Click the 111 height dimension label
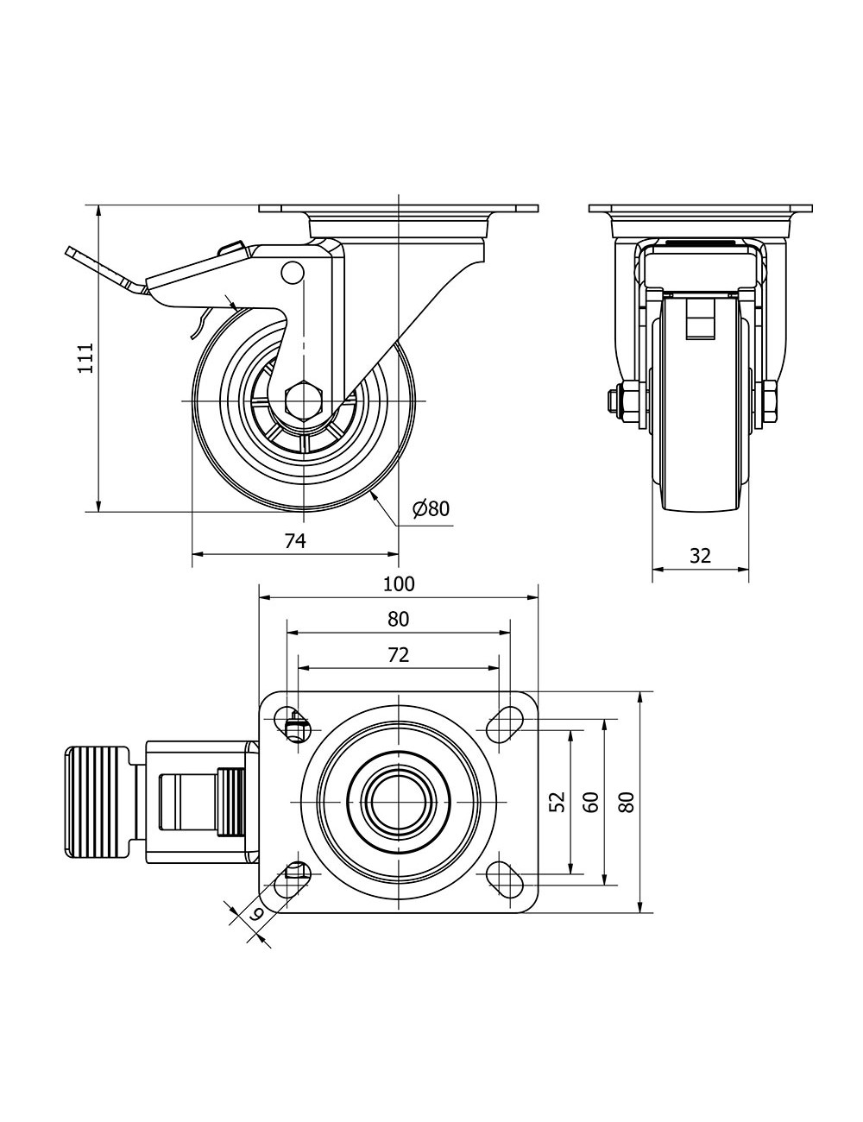pos(85,357)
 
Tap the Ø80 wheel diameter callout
pos(431,508)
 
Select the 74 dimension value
pos(295,540)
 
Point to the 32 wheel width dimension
pos(700,556)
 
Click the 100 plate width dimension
pos(399,583)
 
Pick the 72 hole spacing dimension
pos(398,655)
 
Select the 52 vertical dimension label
pos(557,801)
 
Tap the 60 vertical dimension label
pos(591,801)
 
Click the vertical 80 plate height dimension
pos(627,801)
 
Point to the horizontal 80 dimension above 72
pos(398,619)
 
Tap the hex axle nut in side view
pos(304,400)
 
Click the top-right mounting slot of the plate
pos(507,723)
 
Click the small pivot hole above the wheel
pos(293,272)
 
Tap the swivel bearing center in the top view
pos(399,801)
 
